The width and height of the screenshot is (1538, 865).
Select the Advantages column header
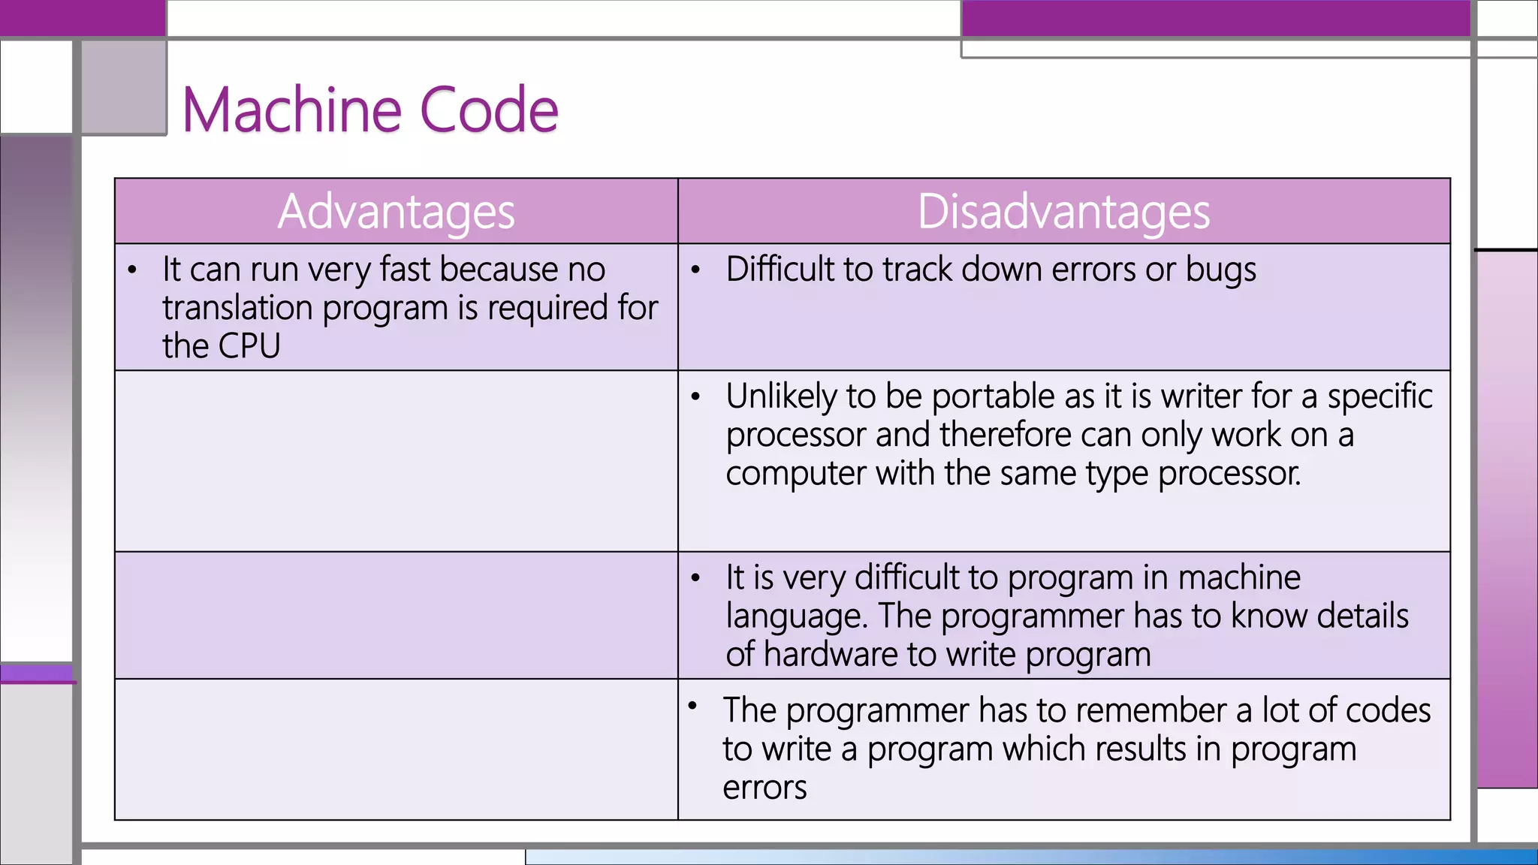coord(396,212)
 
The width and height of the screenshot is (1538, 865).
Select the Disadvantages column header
coord(1063,212)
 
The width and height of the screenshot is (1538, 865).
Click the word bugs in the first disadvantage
coord(1220,270)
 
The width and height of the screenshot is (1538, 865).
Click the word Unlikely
coord(780,396)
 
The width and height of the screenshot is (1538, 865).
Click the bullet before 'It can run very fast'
coord(132,270)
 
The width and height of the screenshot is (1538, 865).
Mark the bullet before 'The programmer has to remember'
coord(692,705)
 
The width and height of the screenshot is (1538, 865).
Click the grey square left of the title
coord(123,87)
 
